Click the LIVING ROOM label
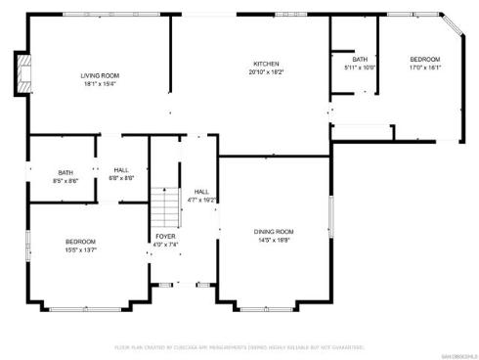point(100,75)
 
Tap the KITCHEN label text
point(265,64)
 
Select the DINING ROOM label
point(274,231)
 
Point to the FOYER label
point(166,237)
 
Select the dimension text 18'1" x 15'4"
point(100,84)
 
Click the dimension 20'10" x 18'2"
point(265,72)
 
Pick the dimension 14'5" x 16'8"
point(274,240)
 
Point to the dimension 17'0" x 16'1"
point(425,67)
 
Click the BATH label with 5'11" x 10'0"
point(361,59)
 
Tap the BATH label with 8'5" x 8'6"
point(65,172)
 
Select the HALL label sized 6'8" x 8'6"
point(122,169)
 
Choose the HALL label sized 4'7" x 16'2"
point(201,191)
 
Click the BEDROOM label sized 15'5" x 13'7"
point(80,242)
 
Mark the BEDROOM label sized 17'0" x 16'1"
point(425,59)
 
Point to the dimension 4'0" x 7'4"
point(166,246)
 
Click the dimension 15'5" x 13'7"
point(80,250)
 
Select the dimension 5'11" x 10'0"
point(361,67)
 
